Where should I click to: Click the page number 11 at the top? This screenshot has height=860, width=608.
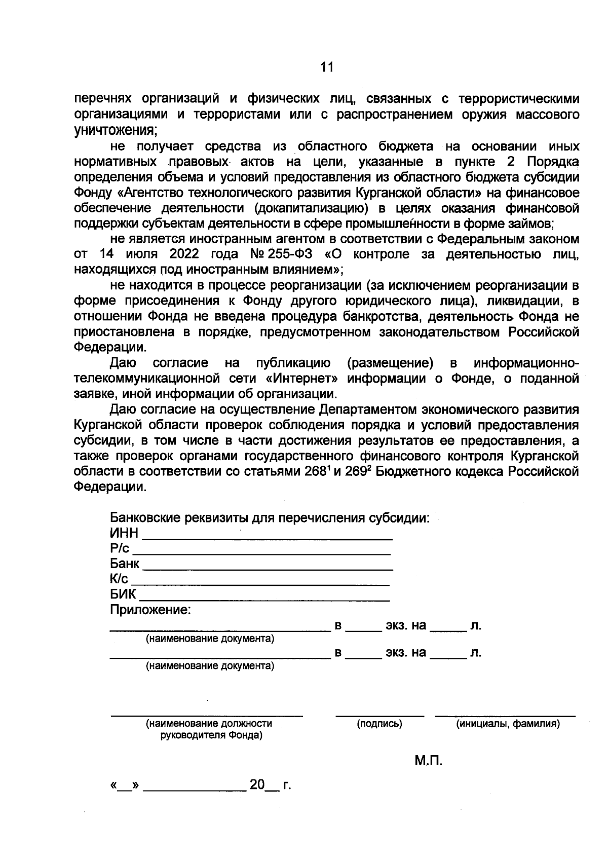pos(327,67)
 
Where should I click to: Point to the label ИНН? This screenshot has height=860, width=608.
pos(124,534)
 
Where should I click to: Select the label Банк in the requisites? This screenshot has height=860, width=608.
pos(125,564)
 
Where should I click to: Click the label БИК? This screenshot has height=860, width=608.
pos(123,594)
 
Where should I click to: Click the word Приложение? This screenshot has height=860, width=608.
pos(150,610)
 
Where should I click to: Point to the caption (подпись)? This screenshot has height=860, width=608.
pos(379,724)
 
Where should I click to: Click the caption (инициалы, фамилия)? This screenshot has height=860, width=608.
pos(508,724)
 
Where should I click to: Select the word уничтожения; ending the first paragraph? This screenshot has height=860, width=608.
pos(116,130)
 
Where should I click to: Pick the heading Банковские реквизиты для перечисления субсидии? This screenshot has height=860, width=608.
pos(270,518)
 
